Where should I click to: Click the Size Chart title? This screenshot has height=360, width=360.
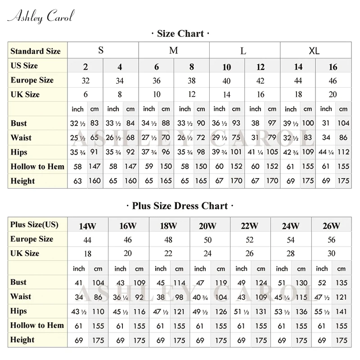point(180,34)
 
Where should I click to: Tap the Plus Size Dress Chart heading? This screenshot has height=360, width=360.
point(180,206)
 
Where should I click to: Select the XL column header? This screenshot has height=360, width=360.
point(314,50)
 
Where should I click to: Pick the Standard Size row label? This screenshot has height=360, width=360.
point(36,51)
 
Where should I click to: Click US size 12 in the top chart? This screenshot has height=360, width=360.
point(261,67)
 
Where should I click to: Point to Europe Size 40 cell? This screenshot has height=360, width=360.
point(226,81)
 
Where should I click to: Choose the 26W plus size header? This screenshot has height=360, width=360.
point(331,226)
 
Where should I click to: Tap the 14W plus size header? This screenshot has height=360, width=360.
point(87,226)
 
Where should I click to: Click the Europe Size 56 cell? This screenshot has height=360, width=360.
point(331,240)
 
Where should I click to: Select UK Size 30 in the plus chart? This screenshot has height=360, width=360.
point(331,254)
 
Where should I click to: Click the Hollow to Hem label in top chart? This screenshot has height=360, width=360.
point(37,166)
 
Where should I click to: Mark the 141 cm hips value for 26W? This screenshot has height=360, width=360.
point(342,311)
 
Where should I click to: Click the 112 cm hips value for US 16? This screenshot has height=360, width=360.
point(343,152)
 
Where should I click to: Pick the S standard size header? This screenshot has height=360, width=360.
point(101,50)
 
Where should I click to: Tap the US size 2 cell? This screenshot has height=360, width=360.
point(85,67)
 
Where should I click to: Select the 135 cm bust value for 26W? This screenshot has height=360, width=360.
point(342,283)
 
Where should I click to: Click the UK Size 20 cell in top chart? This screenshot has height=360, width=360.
point(333,95)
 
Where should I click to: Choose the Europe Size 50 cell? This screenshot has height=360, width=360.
point(207,240)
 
